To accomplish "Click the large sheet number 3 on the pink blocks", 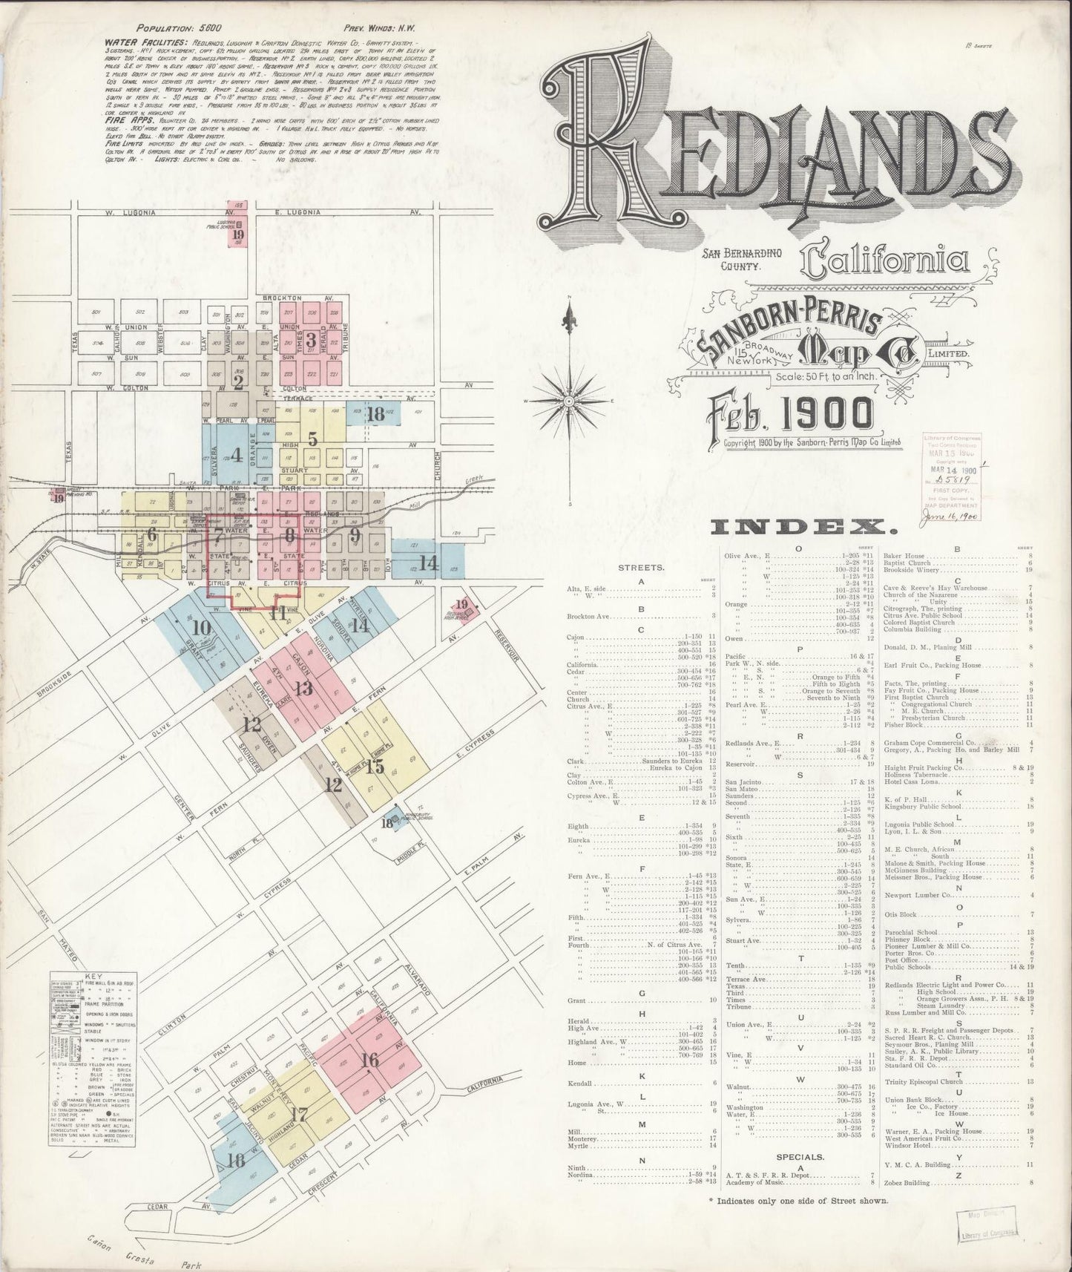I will coord(312,341).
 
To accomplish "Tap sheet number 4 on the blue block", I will coord(237,455).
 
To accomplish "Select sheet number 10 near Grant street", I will coord(200,627).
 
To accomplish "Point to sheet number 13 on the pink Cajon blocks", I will coord(303,689).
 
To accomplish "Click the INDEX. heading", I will coord(803,528).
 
